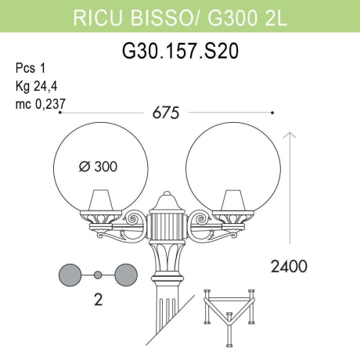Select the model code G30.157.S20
(x=181, y=51)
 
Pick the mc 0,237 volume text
(x=40, y=102)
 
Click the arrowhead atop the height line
(x=290, y=136)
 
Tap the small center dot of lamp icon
(x=99, y=274)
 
